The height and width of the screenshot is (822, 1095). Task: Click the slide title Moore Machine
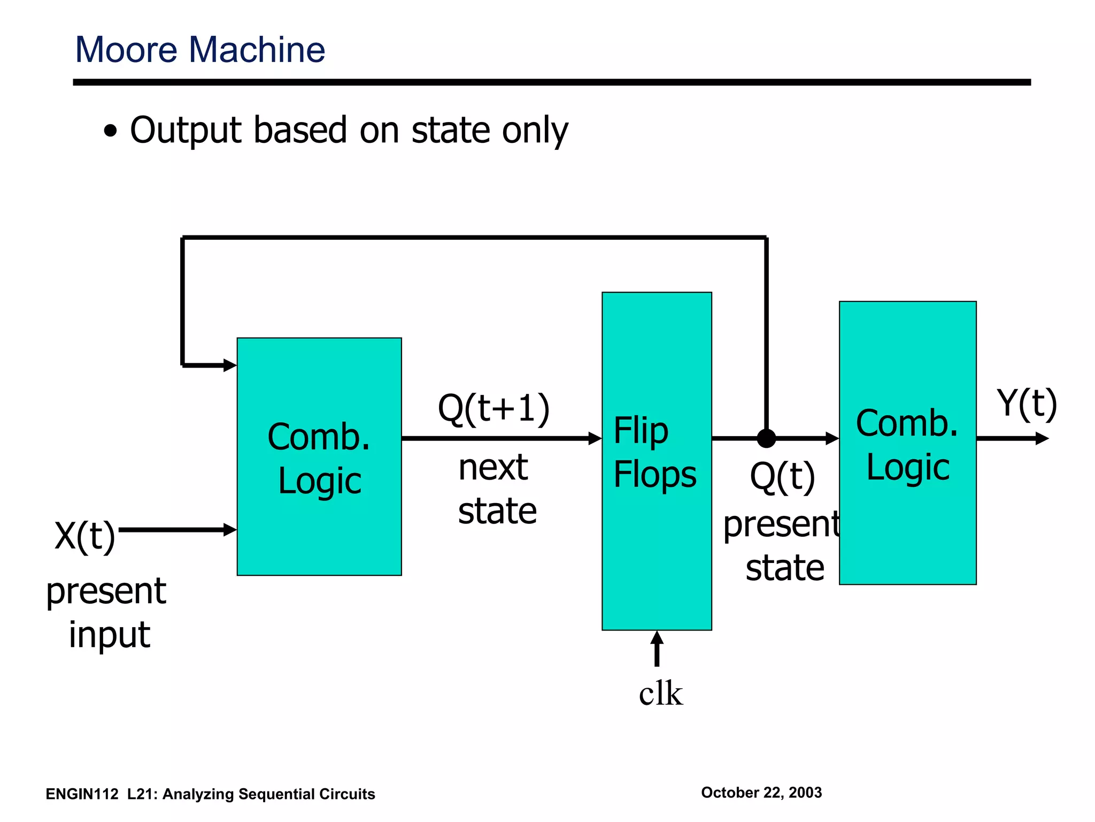click(200, 50)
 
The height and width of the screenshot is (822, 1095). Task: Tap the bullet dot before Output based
click(110, 131)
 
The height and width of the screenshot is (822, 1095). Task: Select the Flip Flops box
click(657, 535)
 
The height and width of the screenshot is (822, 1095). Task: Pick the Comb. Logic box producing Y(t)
click(907, 524)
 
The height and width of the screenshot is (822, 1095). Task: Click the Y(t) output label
click(1027, 404)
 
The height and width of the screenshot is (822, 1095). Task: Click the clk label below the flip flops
click(661, 694)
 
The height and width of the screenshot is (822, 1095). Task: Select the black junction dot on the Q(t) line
click(766, 438)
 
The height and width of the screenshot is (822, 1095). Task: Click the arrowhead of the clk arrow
click(657, 637)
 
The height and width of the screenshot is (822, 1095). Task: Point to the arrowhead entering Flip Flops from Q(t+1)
click(595, 438)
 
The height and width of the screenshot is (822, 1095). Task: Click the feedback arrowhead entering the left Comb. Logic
click(230, 366)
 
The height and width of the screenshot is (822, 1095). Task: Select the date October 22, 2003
click(761, 793)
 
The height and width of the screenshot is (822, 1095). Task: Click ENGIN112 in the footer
click(82, 794)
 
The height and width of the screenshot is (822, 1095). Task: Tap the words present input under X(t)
click(107, 613)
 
